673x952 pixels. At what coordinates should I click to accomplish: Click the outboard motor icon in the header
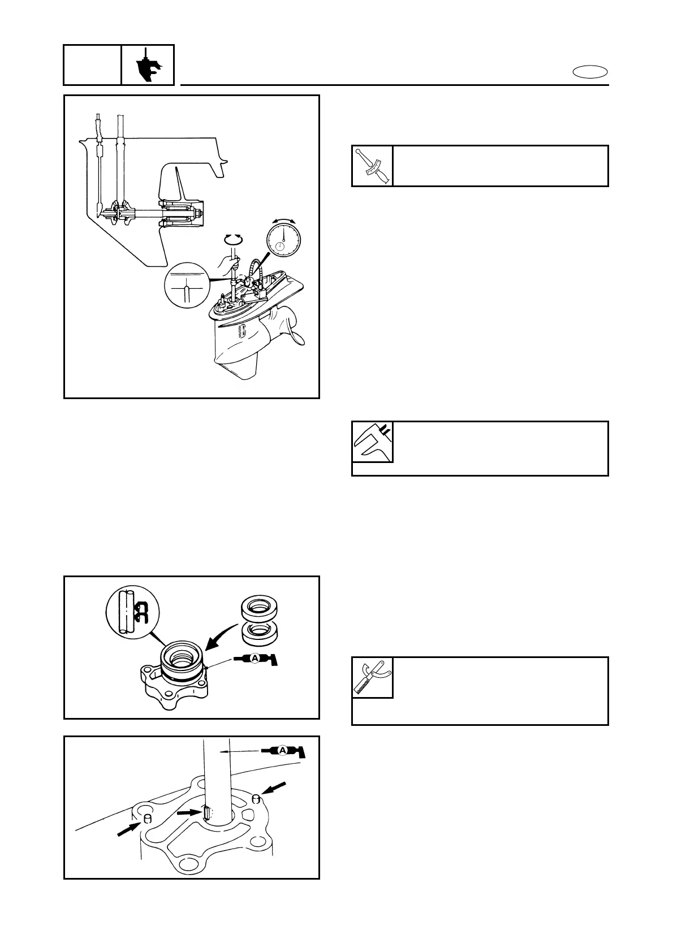click(x=148, y=66)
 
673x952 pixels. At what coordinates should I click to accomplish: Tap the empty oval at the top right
click(x=590, y=72)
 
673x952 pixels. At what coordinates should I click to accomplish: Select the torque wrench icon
click(x=372, y=166)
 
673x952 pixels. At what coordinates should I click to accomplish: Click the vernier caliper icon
click(x=372, y=442)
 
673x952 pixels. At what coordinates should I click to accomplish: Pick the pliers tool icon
click(x=372, y=677)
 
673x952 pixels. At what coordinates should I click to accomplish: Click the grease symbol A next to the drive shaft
click(x=283, y=750)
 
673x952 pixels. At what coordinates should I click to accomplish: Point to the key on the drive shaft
click(x=207, y=813)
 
